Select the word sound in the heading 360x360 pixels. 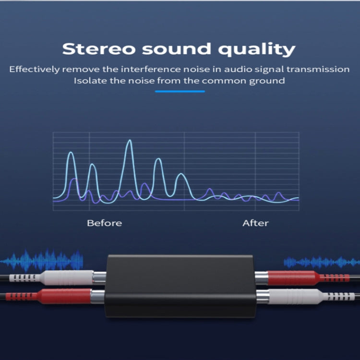[174, 49]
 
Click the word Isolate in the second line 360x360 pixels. [91, 80]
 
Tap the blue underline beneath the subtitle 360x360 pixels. [180, 91]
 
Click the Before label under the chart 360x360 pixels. [104, 223]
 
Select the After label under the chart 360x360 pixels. [255, 223]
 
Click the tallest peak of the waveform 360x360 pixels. [129, 142]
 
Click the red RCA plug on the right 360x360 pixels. [293, 277]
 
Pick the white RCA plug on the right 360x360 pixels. [293, 295]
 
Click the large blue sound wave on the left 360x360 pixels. [43, 261]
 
